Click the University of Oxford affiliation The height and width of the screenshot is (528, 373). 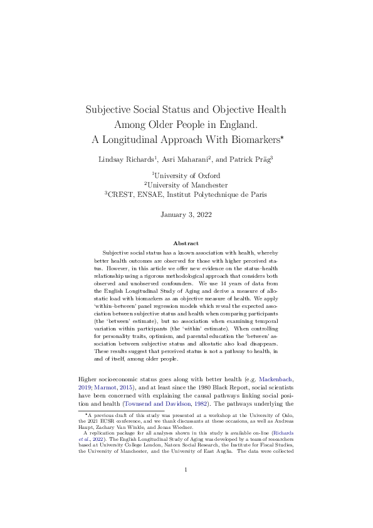188,176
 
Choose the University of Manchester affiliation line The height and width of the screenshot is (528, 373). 188,185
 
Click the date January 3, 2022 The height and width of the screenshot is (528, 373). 186,214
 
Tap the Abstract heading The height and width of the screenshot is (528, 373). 186,243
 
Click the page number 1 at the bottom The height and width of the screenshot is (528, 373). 186,487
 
